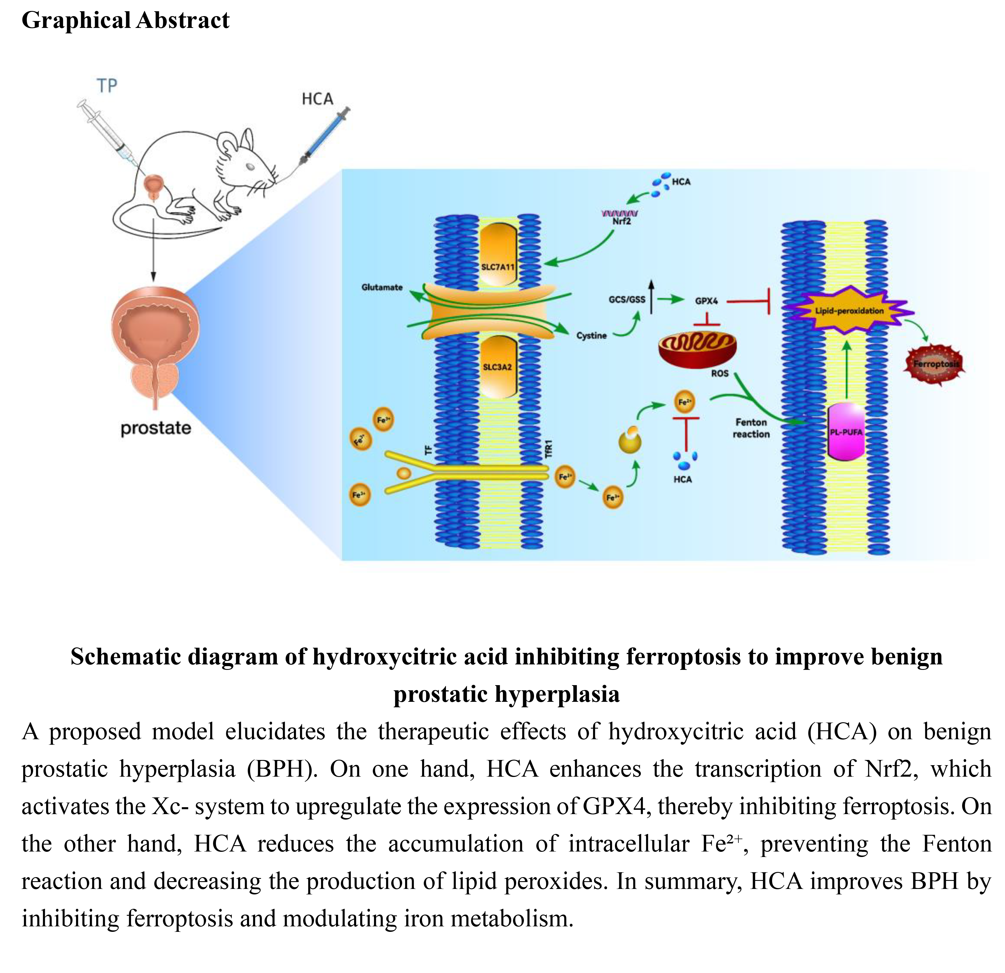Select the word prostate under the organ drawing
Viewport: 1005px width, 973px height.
[x=155, y=428]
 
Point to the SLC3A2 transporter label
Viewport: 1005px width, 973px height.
[x=497, y=367]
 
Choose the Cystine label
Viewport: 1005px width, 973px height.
[x=591, y=336]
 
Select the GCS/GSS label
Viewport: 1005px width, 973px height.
[x=627, y=299]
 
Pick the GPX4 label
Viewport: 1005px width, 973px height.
[x=706, y=301]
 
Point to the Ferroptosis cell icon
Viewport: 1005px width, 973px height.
[x=936, y=364]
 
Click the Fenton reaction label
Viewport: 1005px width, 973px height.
[x=751, y=428]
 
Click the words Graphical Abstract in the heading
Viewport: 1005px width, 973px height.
[x=126, y=20]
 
